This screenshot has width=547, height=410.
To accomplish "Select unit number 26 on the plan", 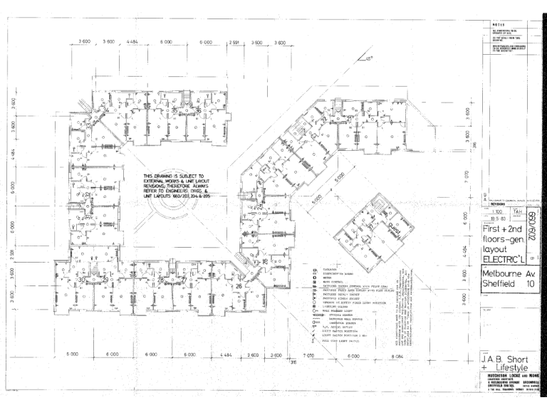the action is tap(239, 287).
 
